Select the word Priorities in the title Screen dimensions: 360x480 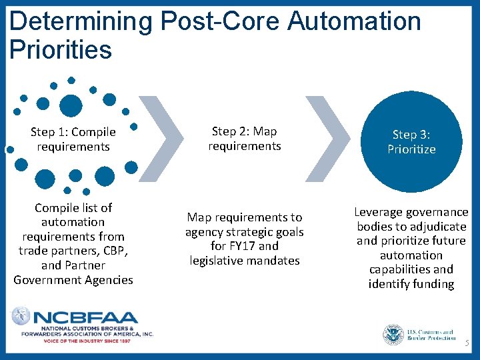pos(61,50)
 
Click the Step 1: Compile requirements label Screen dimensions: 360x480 pos(73,139)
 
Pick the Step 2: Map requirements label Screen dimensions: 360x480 pos(245,139)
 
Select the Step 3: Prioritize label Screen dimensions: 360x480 pos(411,142)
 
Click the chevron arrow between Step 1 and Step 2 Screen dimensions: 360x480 pos(164,139)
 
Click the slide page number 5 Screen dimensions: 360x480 pos(467,343)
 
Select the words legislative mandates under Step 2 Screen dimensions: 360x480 pos(245,261)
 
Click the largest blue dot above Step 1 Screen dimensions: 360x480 pos(71,105)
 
